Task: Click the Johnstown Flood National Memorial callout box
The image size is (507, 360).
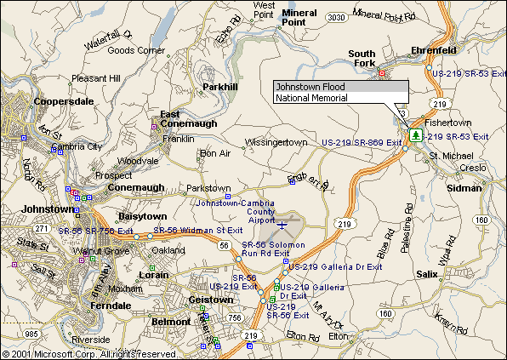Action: [340, 93]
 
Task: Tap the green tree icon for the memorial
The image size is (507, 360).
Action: [415, 134]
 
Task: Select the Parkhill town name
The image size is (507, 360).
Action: [221, 87]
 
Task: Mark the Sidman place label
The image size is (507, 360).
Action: [464, 187]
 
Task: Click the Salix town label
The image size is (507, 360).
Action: [427, 274]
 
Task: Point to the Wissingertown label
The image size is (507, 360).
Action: [276, 141]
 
